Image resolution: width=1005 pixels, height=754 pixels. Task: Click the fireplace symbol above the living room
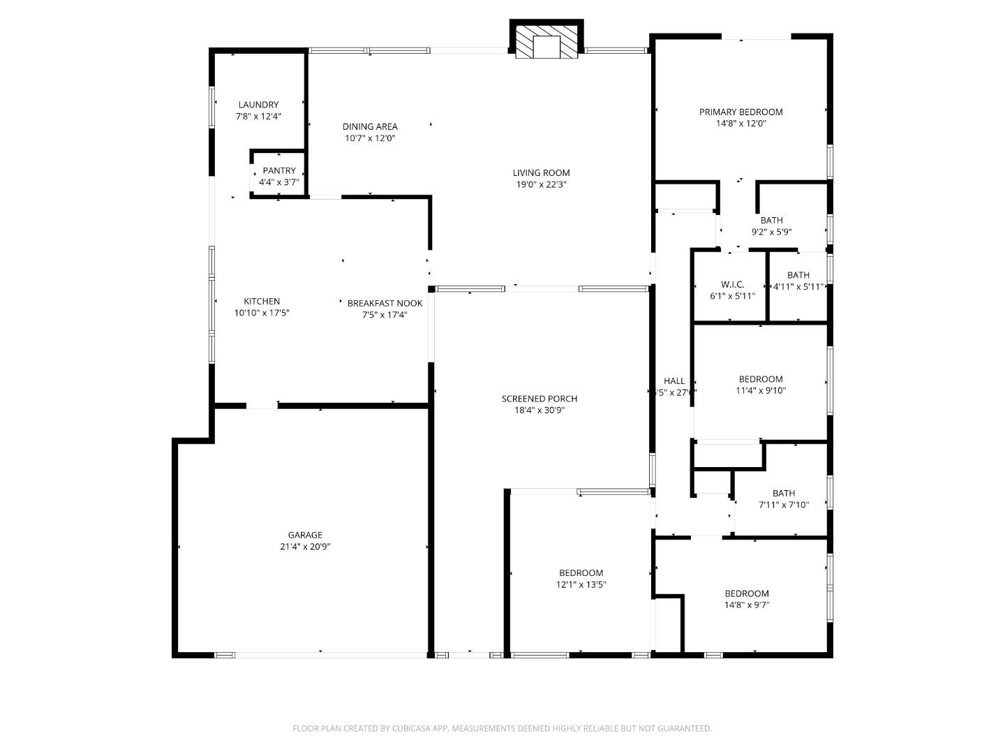(547, 43)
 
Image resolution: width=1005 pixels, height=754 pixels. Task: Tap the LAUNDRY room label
(258, 105)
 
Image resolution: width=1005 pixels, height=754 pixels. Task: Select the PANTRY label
(279, 170)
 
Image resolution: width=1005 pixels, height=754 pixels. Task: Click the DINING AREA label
(370, 126)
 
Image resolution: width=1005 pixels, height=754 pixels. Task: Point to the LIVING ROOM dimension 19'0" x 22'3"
(541, 185)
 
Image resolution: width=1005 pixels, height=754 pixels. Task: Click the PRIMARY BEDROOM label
(740, 112)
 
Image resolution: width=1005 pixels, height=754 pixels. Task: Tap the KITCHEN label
(262, 302)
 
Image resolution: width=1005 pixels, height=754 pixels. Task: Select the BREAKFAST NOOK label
(385, 303)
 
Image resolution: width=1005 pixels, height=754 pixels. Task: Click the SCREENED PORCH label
(539, 399)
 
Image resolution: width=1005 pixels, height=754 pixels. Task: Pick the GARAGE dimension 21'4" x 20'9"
(305, 547)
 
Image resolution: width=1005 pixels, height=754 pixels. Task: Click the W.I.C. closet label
(732, 284)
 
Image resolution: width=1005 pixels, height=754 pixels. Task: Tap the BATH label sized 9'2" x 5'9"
(771, 221)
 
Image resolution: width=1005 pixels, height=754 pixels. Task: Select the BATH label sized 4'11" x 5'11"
(798, 275)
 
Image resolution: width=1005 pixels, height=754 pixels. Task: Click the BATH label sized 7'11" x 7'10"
(783, 493)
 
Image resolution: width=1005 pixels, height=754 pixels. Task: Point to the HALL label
(674, 380)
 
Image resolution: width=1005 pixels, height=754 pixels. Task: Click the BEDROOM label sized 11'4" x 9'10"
(761, 379)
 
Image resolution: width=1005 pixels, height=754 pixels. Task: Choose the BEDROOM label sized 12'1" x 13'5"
(581, 573)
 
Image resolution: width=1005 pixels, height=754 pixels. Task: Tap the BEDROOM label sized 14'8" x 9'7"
(746, 593)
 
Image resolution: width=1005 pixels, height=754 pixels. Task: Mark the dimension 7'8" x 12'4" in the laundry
(258, 117)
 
